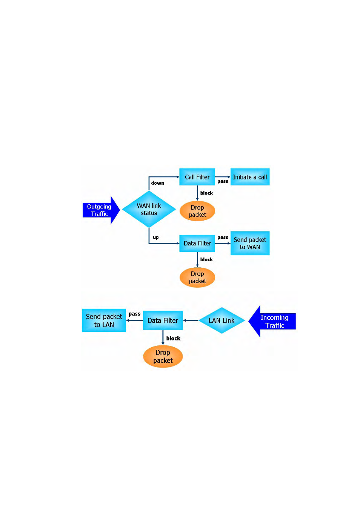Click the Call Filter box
pyautogui.click(x=197, y=176)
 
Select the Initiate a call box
pyautogui.click(x=250, y=176)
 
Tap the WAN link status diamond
pyautogui.click(x=149, y=209)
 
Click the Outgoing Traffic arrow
pyautogui.click(x=101, y=210)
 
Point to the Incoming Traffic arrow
pyautogui.click(x=272, y=321)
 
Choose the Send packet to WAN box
pyautogui.click(x=250, y=243)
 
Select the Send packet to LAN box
pyautogui.click(x=104, y=320)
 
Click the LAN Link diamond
pyautogui.click(x=222, y=320)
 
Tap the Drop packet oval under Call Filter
pyautogui.click(x=197, y=211)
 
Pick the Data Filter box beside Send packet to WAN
pyautogui.click(x=197, y=243)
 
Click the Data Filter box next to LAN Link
pyautogui.click(x=163, y=320)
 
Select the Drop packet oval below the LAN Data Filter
pyautogui.click(x=163, y=356)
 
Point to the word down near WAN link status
pyautogui.click(x=157, y=183)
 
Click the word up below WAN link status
pyautogui.click(x=155, y=238)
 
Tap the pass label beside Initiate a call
pyautogui.click(x=223, y=181)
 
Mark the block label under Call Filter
pyautogui.click(x=206, y=193)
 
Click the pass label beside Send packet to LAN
pyautogui.click(x=134, y=314)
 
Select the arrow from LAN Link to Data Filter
pyautogui.click(x=191, y=320)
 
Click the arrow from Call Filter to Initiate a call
pyautogui.click(x=223, y=176)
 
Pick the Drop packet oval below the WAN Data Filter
pyautogui.click(x=197, y=277)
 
